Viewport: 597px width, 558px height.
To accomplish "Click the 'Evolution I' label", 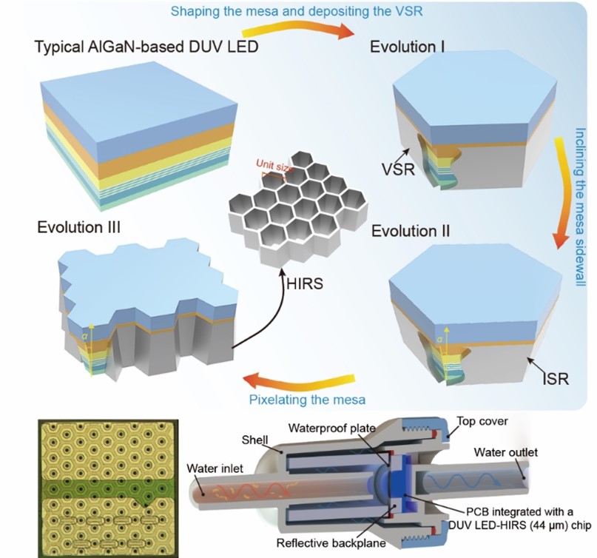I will click(406, 48).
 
